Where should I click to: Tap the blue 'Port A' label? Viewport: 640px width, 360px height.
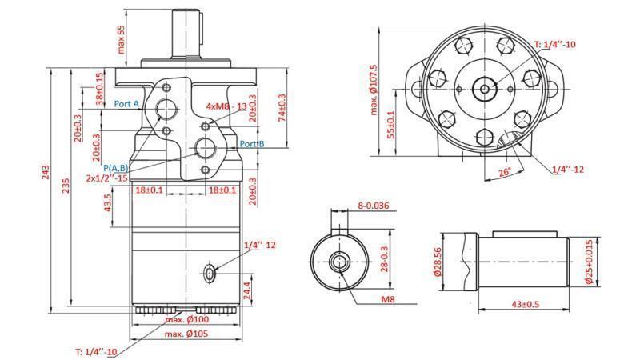tap(127, 104)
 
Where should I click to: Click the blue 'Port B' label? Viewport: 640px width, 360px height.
tap(252, 144)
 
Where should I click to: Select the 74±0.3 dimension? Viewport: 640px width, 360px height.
tap(282, 107)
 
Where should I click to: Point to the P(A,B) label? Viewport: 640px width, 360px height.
tap(118, 167)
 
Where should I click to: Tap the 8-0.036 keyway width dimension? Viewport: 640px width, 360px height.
tap(373, 206)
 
